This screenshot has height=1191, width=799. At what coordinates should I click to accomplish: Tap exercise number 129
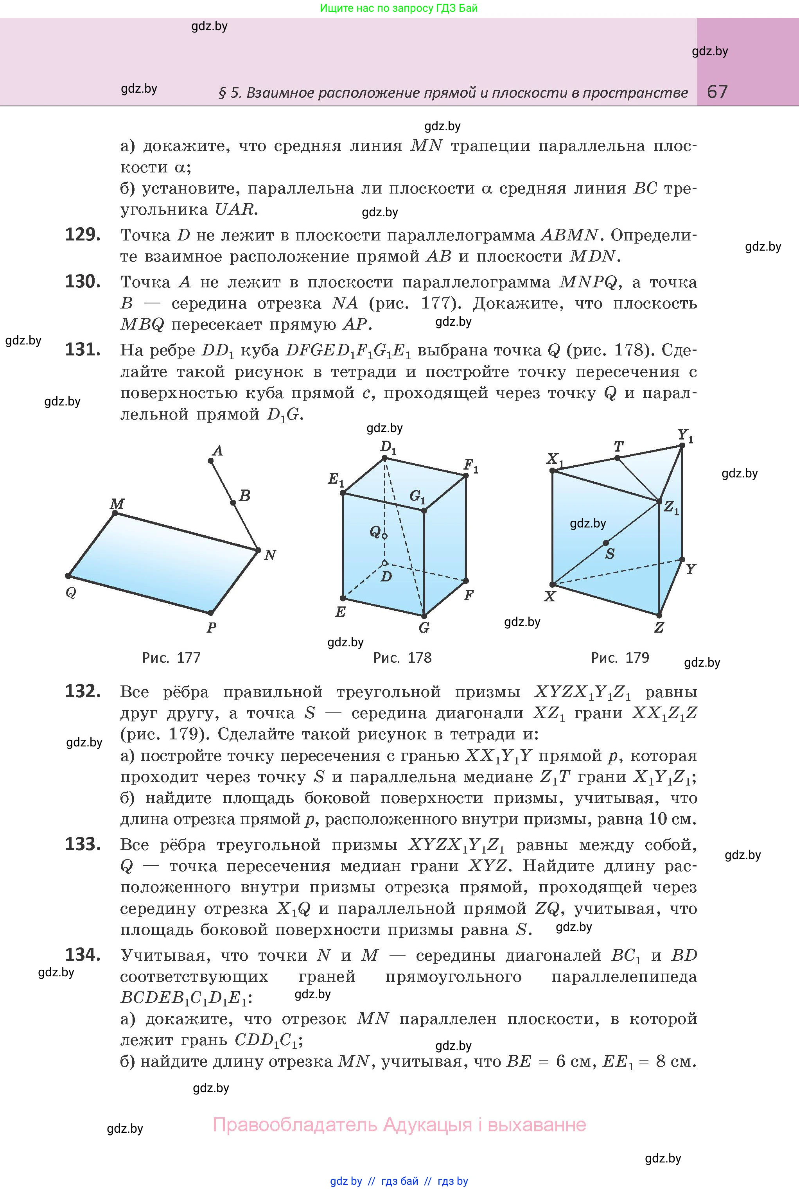[83, 235]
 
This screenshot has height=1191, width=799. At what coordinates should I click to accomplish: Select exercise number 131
[83, 350]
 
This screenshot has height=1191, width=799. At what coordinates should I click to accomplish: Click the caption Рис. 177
[171, 658]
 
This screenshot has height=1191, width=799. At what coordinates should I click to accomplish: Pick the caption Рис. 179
[619, 658]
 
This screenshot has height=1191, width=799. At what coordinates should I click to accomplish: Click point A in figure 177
[211, 461]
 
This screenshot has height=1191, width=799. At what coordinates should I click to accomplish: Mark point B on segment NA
[233, 503]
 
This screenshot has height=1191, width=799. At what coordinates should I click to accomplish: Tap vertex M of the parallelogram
[115, 513]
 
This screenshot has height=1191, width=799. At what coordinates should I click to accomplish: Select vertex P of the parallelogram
[210, 613]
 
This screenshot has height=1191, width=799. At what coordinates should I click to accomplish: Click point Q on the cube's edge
[385, 536]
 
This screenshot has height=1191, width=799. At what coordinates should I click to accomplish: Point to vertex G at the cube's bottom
[424, 616]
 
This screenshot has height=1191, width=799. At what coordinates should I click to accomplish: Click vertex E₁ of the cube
[343, 493]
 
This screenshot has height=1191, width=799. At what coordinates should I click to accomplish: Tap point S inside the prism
[605, 543]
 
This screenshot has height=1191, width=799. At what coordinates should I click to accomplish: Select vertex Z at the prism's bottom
[659, 615]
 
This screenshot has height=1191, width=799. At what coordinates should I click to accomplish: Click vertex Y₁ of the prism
[682, 446]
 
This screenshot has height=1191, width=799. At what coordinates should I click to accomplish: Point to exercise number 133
[83, 844]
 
